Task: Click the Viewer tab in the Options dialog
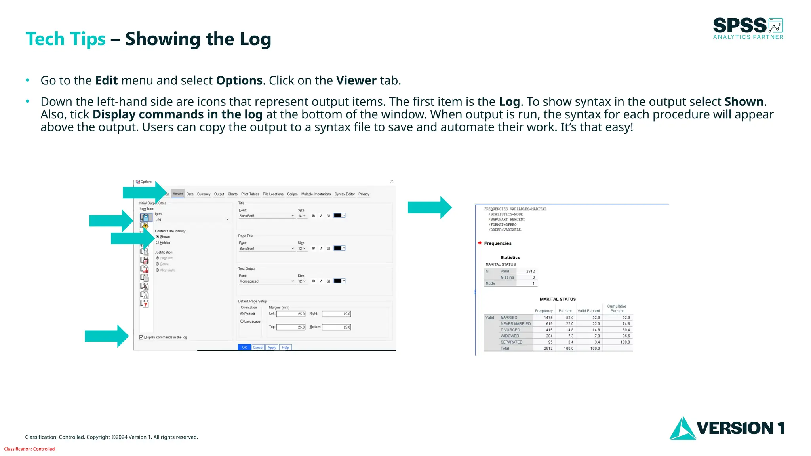coord(178,194)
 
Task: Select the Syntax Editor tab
coord(345,194)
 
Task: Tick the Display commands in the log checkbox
coord(141,337)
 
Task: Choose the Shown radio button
coord(158,237)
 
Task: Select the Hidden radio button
coord(158,243)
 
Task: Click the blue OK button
coord(244,348)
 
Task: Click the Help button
coord(286,348)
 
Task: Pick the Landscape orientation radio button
coord(242,321)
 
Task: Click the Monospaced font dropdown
coord(267,281)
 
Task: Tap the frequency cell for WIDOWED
coord(549,336)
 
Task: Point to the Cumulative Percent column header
coord(617,308)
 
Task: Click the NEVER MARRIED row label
coord(515,324)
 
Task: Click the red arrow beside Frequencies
coord(480,243)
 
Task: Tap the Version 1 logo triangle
coord(682,429)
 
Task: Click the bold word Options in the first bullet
coord(239,80)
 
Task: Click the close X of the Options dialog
coord(392,182)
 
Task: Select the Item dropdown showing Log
coord(192,219)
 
